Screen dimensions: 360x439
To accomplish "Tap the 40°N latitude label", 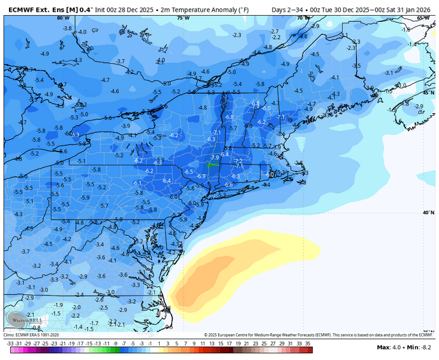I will pos(428,213).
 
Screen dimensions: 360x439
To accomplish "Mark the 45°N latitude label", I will pos(428,92).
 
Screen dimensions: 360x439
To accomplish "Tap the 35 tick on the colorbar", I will pos(309,342).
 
